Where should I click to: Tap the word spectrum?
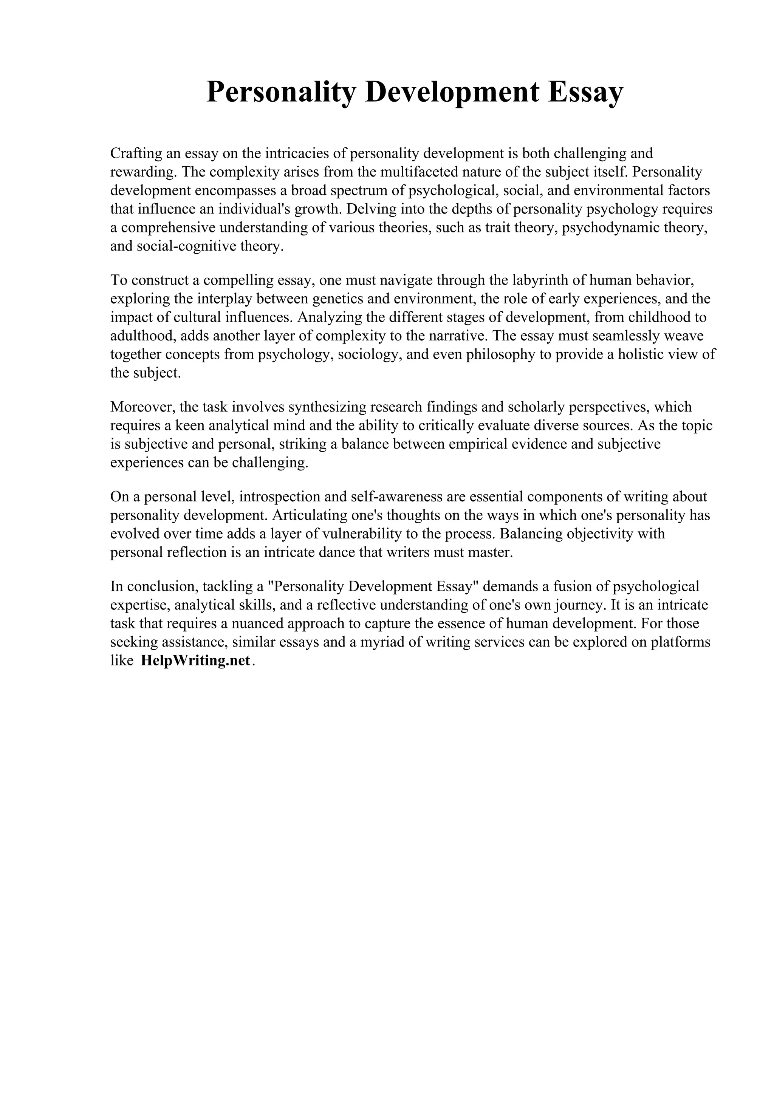[361, 190]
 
